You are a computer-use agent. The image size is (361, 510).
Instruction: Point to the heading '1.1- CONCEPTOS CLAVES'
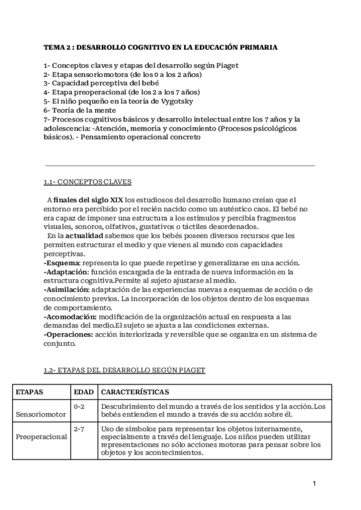[x=88, y=182]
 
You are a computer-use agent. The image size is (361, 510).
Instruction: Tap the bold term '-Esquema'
[x=62, y=263]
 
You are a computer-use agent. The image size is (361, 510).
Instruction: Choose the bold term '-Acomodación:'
[x=70, y=316]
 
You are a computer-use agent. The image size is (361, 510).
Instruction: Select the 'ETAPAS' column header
[x=29, y=392]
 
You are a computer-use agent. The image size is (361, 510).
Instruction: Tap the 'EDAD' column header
[x=83, y=392]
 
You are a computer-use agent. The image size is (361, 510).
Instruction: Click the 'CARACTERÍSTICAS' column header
[x=135, y=392]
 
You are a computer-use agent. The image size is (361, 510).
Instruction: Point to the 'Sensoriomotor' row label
[x=40, y=415]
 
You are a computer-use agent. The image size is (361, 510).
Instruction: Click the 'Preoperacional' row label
[x=41, y=437]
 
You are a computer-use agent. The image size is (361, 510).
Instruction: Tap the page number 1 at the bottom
[x=314, y=483]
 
